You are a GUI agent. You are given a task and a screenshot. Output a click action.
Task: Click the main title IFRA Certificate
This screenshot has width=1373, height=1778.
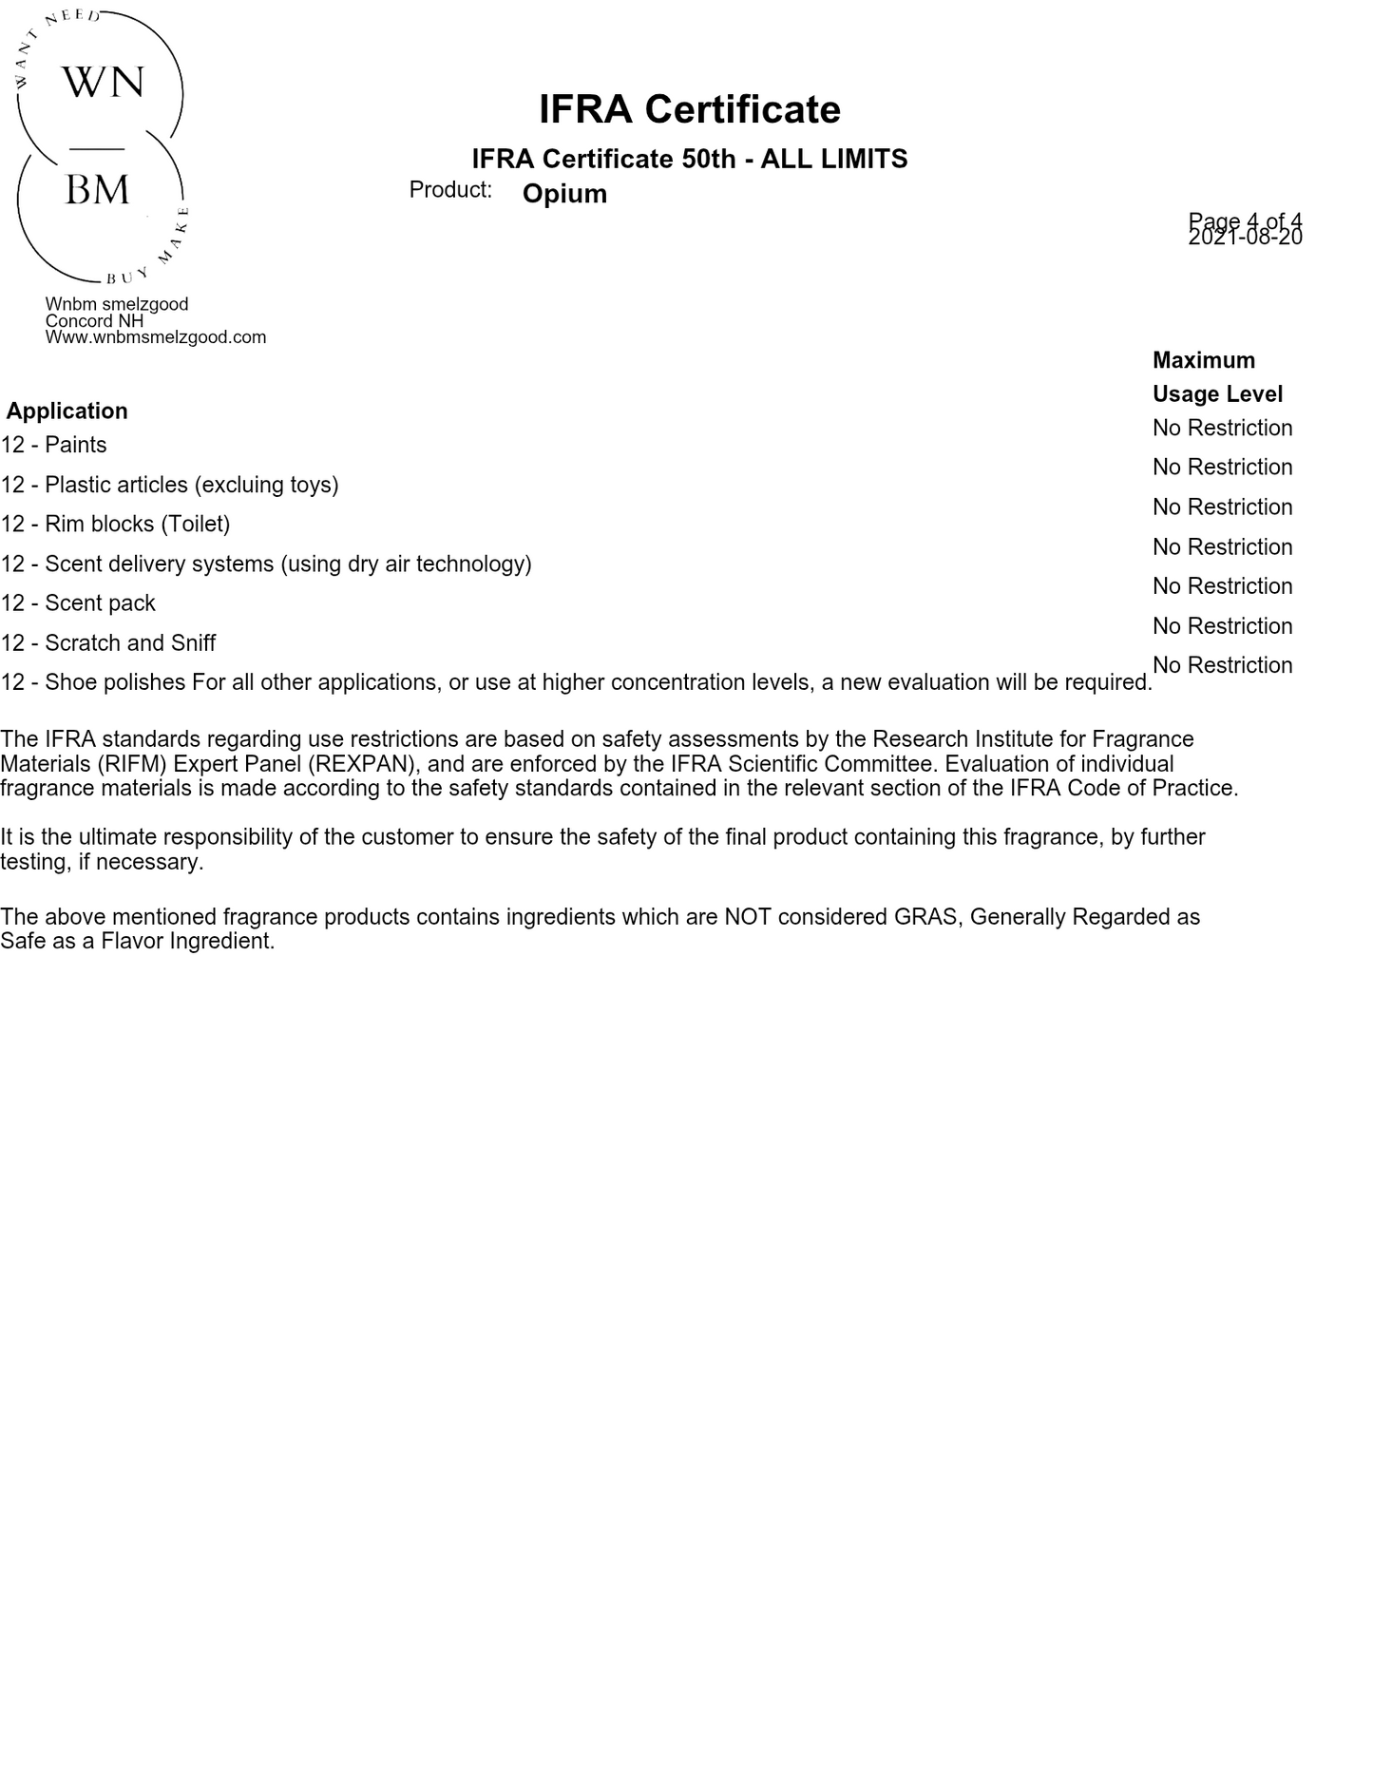pyautogui.click(x=689, y=109)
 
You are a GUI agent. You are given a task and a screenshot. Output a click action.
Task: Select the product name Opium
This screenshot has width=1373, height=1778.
pyautogui.click(x=564, y=194)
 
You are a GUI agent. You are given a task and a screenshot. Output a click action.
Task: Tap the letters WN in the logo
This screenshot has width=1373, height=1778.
pyautogui.click(x=103, y=83)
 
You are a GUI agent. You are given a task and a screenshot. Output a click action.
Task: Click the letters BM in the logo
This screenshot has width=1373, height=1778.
pyautogui.click(x=97, y=190)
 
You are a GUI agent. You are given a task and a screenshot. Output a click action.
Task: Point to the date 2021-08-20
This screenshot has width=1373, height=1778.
pyautogui.click(x=1245, y=238)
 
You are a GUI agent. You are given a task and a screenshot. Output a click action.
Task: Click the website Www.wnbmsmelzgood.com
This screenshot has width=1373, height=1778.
pyautogui.click(x=156, y=337)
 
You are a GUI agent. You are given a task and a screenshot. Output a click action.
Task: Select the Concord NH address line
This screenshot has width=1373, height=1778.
pyautogui.click(x=94, y=320)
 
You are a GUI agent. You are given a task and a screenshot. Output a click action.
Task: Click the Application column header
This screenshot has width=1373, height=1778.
pyautogui.click(x=67, y=411)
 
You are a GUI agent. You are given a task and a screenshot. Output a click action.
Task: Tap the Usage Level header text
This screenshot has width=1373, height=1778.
pyautogui.click(x=1217, y=393)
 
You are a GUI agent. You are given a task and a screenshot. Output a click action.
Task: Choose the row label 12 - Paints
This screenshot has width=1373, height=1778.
pyautogui.click(x=54, y=445)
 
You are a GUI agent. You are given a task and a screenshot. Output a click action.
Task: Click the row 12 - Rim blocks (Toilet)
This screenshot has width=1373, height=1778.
pyautogui.click(x=115, y=524)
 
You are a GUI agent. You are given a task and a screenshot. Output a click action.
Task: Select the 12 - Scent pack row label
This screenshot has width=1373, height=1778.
pyautogui.click(x=78, y=602)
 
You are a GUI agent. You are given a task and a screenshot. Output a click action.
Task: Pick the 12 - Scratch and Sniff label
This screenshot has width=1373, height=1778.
pyautogui.click(x=108, y=642)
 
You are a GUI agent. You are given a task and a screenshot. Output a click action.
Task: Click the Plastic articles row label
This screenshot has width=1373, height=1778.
pyautogui.click(x=170, y=485)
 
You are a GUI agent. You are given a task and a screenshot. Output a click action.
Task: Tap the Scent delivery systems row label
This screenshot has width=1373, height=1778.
pyautogui.click(x=266, y=564)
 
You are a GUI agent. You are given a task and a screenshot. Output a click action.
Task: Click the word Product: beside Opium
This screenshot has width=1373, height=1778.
pyautogui.click(x=450, y=190)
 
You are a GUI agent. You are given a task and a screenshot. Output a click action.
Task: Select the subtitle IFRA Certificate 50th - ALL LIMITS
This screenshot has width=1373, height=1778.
pyautogui.click(x=689, y=159)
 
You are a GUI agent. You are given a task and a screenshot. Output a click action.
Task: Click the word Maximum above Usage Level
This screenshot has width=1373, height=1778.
pyautogui.click(x=1203, y=360)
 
